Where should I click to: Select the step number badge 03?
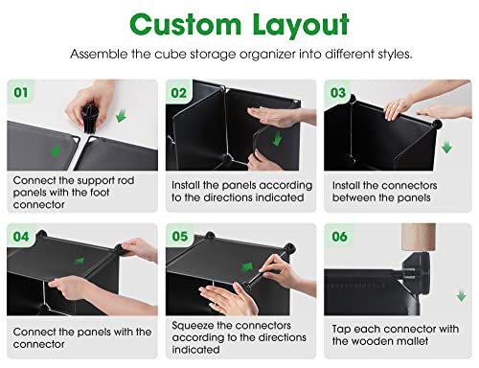[x=337, y=93]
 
